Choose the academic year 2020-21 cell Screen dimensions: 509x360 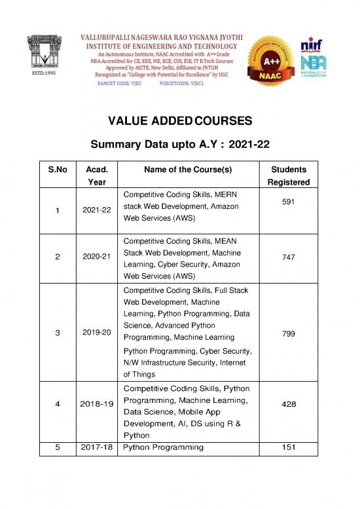96,258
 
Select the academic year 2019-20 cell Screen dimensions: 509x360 96,332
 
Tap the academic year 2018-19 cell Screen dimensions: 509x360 96,405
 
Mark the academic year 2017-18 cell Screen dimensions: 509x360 96,447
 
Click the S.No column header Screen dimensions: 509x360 58,169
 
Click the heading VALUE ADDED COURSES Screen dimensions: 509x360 179,121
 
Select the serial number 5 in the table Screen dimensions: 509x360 58,447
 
